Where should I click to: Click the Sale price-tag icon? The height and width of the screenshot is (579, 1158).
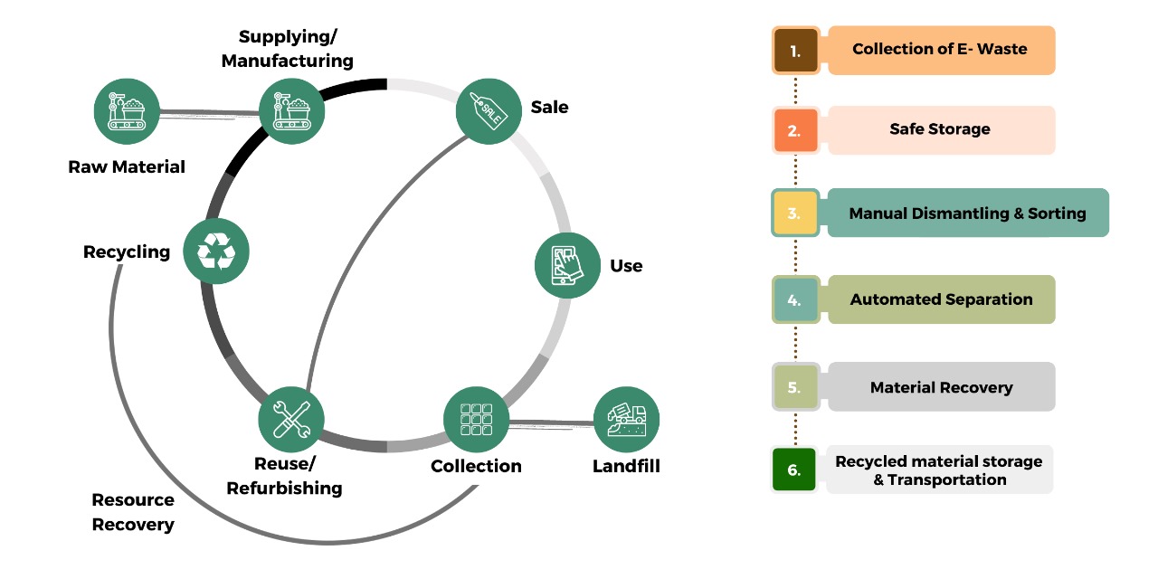[x=489, y=110]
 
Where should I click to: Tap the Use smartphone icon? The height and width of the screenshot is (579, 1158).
[x=567, y=265]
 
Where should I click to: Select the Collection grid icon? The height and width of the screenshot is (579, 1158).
[x=476, y=420]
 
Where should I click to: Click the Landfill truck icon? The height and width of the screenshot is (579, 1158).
[x=626, y=420]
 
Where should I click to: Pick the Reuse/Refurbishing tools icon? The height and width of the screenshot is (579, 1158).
[x=290, y=420]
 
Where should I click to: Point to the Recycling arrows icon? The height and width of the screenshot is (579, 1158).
[x=215, y=251]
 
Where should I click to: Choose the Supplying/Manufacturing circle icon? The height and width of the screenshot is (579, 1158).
[x=291, y=110]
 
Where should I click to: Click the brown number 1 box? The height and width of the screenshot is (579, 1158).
[x=795, y=51]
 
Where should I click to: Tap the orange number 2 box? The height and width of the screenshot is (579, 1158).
[x=795, y=130]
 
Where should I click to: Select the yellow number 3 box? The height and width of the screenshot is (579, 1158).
[x=795, y=214]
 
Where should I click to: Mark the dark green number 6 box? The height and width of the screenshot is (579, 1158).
[x=794, y=470]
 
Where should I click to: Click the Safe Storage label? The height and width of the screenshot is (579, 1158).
[x=940, y=129]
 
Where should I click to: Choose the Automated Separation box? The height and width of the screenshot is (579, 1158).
[x=941, y=299]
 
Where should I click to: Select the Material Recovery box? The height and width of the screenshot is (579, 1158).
[x=941, y=387]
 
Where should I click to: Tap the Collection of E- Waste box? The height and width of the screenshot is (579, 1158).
[x=940, y=50]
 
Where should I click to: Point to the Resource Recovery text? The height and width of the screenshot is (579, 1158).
[x=133, y=512]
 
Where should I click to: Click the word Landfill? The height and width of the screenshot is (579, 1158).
[x=626, y=467]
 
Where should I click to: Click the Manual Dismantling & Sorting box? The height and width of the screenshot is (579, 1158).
[x=967, y=214]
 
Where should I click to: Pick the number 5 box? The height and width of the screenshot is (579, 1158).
[x=795, y=387]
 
